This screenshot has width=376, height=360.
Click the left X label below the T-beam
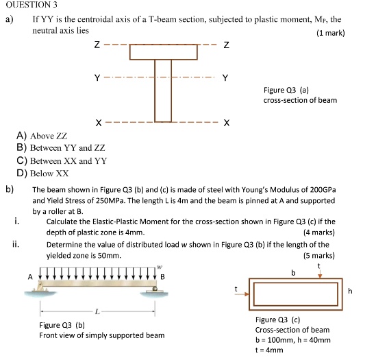point(99,124)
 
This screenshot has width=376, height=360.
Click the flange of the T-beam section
point(163,52)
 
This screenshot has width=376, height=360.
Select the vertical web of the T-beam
point(163,91)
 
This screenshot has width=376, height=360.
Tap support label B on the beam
point(162,276)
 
